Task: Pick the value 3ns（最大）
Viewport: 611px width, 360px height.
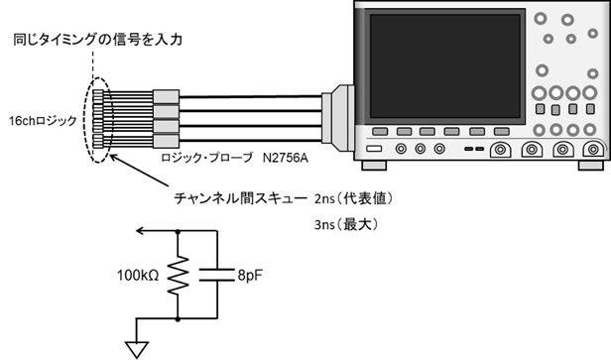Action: (343, 224)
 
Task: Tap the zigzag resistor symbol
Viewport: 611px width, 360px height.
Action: (177, 281)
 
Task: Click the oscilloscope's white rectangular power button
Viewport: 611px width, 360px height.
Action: (375, 149)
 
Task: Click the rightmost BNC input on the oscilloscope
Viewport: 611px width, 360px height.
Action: (591, 150)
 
